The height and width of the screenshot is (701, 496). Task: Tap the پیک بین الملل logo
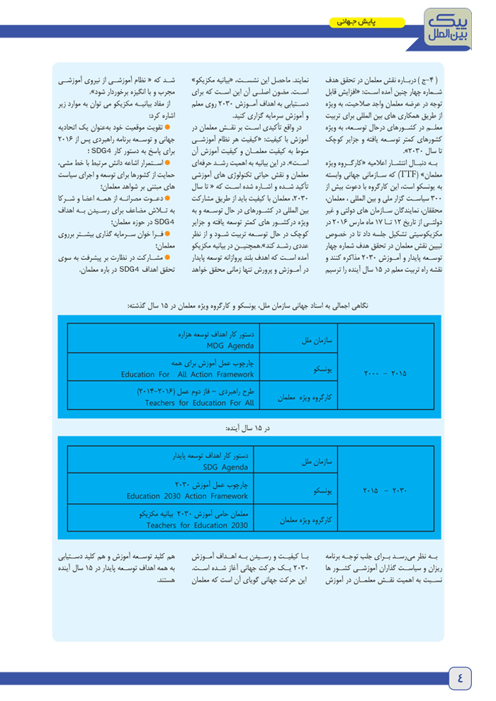click(450, 25)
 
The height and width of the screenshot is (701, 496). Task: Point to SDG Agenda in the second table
click(225, 468)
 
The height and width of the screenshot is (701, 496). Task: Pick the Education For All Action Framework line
click(187, 375)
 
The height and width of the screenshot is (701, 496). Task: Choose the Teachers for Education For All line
click(198, 403)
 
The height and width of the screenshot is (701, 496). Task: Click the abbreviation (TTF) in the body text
click(408, 171)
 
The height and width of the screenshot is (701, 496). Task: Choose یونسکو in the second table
click(322, 490)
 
